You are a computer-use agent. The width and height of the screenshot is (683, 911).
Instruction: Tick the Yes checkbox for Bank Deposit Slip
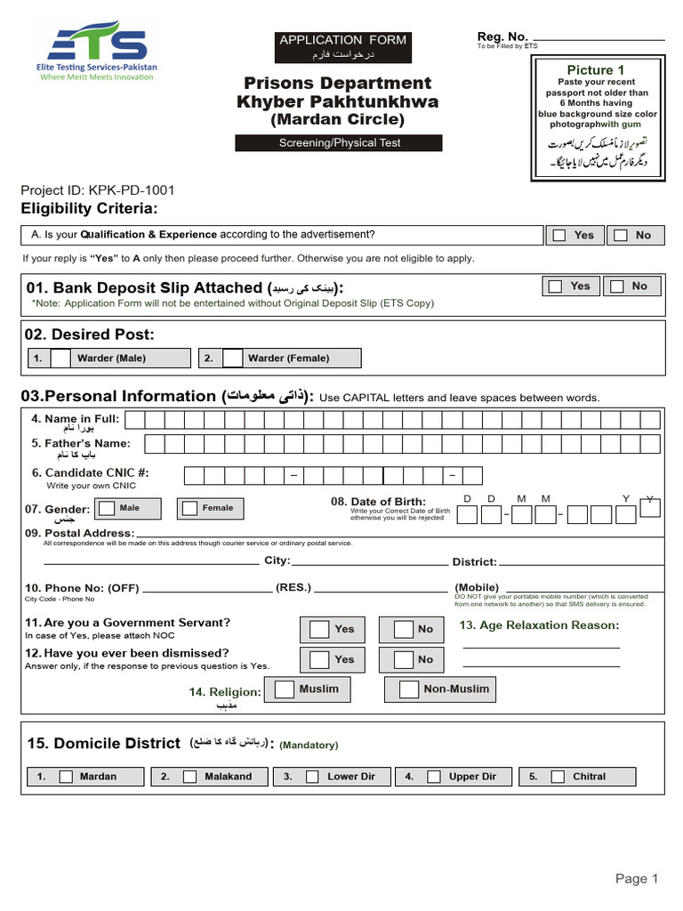point(556,286)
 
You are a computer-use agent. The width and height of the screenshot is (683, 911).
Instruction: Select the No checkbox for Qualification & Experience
point(621,235)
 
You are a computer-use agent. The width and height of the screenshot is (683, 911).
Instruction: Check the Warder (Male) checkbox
point(60,358)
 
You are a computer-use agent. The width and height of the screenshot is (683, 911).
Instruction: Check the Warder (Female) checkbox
point(231,358)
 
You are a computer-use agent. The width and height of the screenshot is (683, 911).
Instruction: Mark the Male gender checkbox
point(106,508)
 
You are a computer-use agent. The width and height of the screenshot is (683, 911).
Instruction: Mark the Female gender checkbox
point(189,508)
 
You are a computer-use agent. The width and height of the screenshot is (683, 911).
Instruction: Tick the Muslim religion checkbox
point(285,689)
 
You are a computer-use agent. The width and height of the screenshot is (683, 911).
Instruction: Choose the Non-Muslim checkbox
point(408,689)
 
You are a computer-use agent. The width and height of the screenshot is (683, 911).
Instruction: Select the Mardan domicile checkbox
point(66,777)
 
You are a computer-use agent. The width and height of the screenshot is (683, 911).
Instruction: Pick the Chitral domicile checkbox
point(557,777)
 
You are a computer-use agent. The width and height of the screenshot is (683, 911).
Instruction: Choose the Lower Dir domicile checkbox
point(312,777)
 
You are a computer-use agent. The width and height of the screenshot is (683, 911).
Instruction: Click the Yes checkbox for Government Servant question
point(318,629)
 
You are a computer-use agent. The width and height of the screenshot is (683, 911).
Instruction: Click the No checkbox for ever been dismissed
point(403,659)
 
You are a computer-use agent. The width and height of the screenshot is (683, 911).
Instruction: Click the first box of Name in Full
point(152,420)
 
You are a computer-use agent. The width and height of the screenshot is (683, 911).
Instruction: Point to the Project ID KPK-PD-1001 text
point(98,189)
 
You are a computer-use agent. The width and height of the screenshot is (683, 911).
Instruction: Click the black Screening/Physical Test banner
point(339,143)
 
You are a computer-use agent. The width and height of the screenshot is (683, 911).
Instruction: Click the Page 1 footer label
point(637,879)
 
